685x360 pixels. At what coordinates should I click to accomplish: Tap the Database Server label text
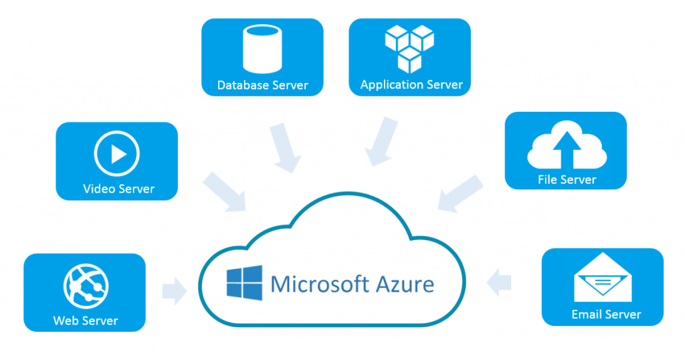click(262, 86)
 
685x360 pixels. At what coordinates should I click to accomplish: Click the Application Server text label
click(411, 85)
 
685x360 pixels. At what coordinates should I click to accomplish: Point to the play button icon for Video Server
click(117, 155)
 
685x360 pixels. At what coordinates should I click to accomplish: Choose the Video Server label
click(118, 189)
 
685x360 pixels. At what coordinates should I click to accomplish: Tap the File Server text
click(566, 179)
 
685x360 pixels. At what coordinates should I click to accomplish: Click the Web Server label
click(85, 321)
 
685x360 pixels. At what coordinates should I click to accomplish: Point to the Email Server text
click(605, 314)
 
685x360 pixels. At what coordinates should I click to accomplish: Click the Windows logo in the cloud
click(244, 283)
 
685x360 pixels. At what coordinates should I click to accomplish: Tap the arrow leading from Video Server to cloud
click(224, 189)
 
